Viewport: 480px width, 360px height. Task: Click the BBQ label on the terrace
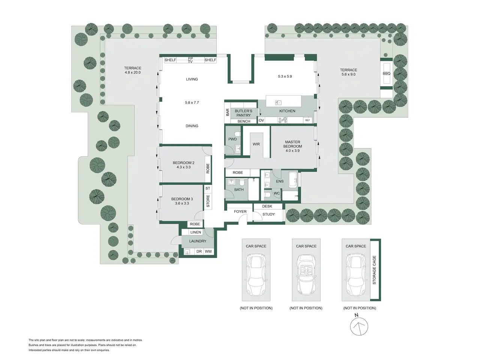[x=386, y=73]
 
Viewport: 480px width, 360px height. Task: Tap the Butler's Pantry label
[x=243, y=113]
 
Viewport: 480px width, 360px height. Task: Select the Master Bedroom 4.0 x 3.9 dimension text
[x=292, y=151]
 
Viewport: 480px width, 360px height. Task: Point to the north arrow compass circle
[x=359, y=327]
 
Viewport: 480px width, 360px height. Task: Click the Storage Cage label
[x=374, y=270]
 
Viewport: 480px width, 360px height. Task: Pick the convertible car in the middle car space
[x=306, y=274]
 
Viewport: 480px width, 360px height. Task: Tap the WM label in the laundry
[x=208, y=251]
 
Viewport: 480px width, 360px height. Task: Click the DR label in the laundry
[x=199, y=251]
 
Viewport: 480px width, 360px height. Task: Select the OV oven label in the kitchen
[x=261, y=120]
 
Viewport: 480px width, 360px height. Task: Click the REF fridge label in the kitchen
[x=307, y=120]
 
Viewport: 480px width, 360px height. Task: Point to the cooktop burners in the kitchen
[x=282, y=120]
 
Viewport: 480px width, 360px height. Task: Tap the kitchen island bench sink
[x=278, y=102]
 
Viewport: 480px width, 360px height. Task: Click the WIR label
[x=256, y=144]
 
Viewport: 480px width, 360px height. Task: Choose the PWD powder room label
[x=232, y=139]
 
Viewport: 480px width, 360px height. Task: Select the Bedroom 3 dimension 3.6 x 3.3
[x=182, y=203]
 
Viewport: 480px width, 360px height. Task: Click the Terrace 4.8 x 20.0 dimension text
[x=133, y=72]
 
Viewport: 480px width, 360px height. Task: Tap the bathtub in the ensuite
[x=293, y=180]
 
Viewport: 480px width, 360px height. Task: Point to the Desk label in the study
[x=267, y=206]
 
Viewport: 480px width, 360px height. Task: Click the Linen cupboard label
[x=195, y=232]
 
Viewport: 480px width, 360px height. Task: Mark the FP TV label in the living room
[x=190, y=60]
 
